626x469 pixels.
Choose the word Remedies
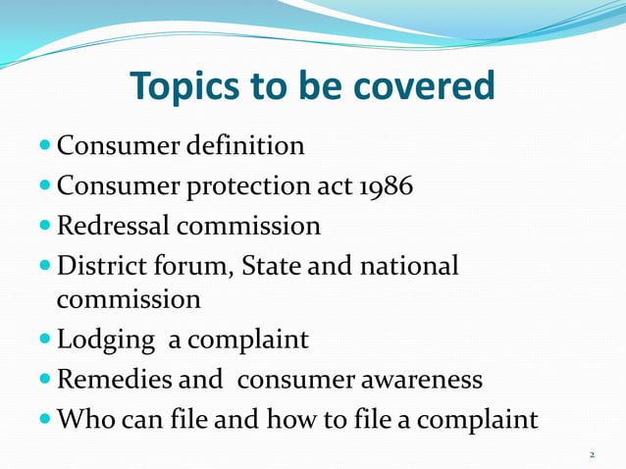tap(117, 380)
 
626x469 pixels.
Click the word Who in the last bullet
tap(84, 420)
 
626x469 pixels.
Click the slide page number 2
tap(592, 454)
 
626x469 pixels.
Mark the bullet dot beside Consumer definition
tap(47, 146)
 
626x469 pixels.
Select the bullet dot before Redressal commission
tap(47, 226)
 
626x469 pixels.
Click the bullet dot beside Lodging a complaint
tap(47, 339)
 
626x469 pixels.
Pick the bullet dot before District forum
tap(47, 266)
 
